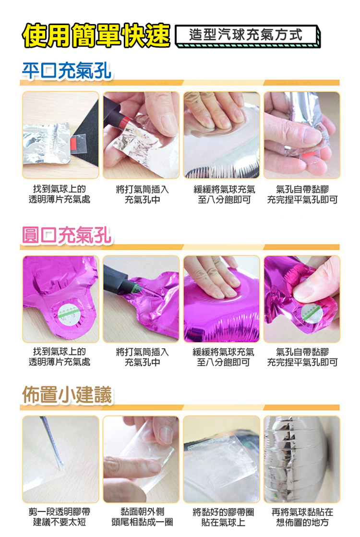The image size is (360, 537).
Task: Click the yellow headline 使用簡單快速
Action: (96, 35)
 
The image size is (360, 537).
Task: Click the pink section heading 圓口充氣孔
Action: (66, 235)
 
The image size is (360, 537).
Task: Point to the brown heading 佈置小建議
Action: (67, 395)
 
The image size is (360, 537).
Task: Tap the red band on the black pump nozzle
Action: (124, 121)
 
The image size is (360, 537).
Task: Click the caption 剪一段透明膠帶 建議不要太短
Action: (60, 517)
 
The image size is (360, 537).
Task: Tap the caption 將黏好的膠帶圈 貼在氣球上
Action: (223, 517)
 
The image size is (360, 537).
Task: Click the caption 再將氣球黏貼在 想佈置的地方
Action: (302, 517)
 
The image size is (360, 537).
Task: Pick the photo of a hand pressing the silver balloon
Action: (221, 135)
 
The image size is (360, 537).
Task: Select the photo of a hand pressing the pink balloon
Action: (221, 299)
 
